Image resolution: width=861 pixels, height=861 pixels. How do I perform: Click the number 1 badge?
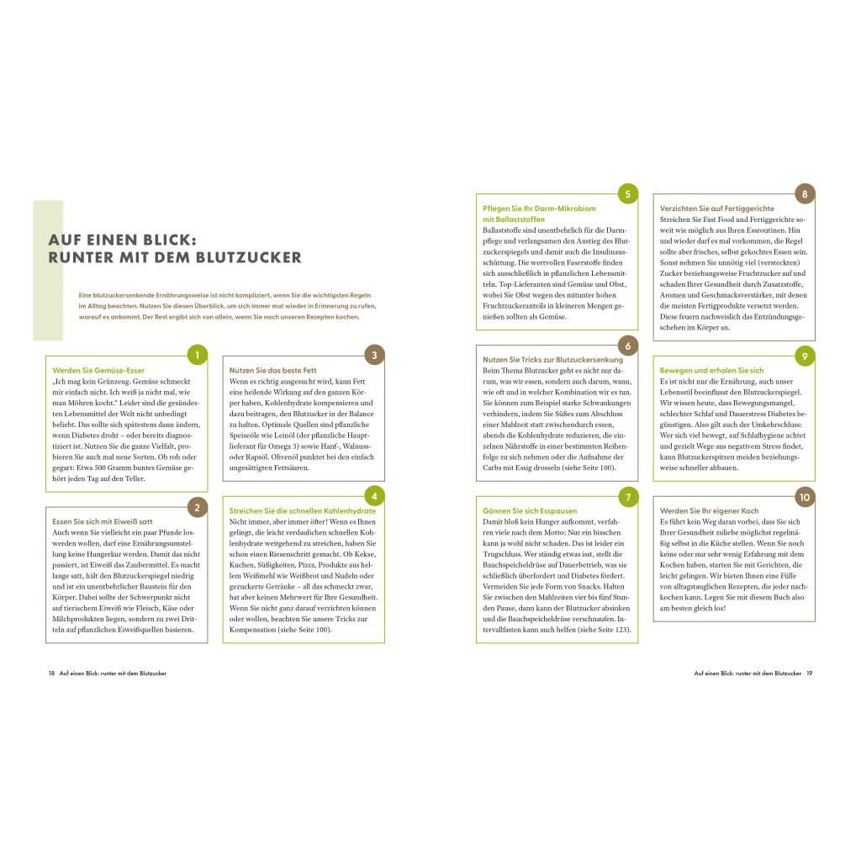[x=197, y=356]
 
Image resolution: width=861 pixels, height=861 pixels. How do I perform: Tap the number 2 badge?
[x=197, y=507]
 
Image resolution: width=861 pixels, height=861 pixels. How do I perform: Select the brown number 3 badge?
[x=374, y=356]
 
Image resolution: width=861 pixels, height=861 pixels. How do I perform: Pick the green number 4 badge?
[x=374, y=496]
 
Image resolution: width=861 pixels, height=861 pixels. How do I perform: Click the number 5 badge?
[x=627, y=194]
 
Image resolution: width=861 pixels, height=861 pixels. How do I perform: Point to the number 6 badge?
[x=627, y=346]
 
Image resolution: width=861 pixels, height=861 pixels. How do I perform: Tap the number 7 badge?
[x=627, y=497]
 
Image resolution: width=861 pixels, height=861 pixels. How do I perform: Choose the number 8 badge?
[x=805, y=194]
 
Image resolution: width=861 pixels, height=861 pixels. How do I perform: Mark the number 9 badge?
[x=805, y=357]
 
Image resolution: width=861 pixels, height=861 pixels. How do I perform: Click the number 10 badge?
[x=805, y=497]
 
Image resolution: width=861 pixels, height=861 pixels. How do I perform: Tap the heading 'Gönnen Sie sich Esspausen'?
[x=530, y=511]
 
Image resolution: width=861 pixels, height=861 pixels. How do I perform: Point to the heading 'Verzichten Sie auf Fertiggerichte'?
[x=717, y=209]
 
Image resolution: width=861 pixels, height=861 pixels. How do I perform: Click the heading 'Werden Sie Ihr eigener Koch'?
[x=709, y=511]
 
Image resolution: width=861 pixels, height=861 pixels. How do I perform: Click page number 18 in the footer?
[x=51, y=673]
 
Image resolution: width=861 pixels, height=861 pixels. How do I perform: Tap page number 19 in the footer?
[x=809, y=673]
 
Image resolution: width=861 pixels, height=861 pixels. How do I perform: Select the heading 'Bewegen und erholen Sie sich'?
[x=711, y=371]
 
